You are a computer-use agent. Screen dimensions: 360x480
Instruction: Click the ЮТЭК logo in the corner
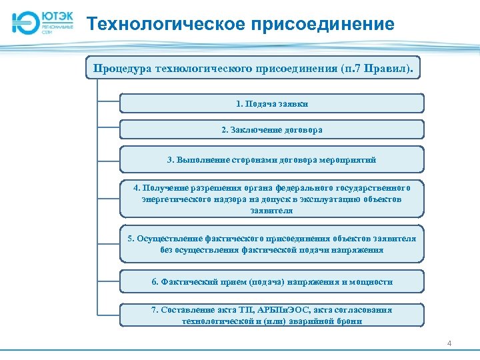coord(42,23)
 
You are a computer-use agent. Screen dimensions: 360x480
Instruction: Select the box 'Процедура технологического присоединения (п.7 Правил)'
coord(253,68)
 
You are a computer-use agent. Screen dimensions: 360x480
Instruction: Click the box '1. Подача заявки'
coord(271,103)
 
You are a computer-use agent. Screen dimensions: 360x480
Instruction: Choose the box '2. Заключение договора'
coord(271,129)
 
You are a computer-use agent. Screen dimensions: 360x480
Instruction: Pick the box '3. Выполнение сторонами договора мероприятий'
coord(271,160)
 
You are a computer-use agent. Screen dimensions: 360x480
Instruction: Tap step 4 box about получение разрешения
coord(271,199)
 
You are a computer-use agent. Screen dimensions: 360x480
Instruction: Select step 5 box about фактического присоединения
coord(271,244)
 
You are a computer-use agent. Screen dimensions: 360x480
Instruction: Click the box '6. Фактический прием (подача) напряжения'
coord(271,281)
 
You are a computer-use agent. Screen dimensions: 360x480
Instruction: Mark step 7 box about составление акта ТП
coord(271,315)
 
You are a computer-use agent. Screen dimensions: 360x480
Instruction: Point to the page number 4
coord(449,343)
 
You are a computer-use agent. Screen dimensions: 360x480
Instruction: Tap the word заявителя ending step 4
coord(271,210)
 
